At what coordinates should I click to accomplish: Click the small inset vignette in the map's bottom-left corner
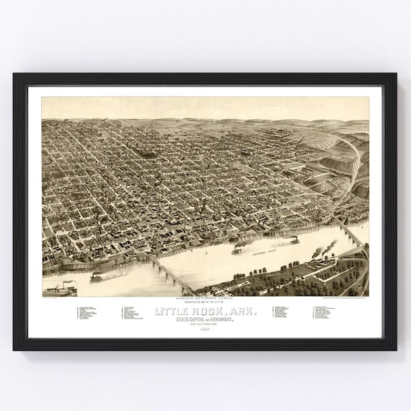point(60,288)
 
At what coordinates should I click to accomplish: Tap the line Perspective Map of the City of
point(205,302)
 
